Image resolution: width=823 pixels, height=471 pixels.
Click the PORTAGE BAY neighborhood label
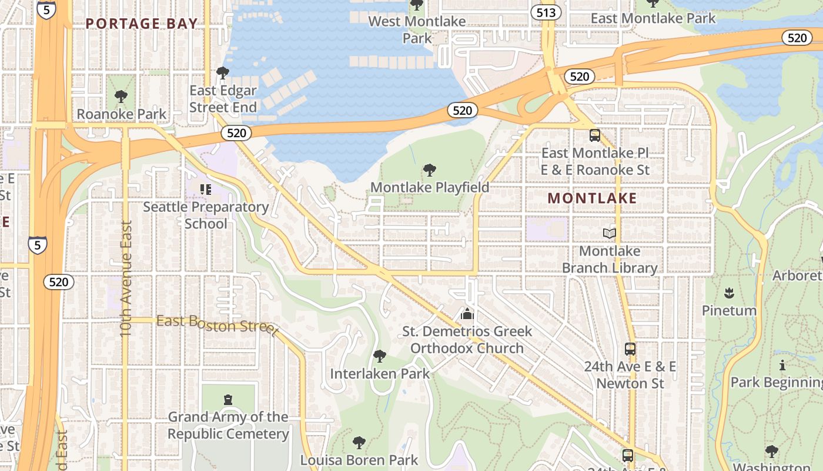141,24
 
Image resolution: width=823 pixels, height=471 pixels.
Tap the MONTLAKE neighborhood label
592,198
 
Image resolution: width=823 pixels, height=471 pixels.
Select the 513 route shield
546,12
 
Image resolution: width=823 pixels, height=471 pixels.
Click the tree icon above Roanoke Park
121,96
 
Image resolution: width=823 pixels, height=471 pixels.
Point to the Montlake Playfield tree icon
430,171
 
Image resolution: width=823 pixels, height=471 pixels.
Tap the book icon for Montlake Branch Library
610,234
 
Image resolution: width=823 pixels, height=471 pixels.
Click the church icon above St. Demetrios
467,314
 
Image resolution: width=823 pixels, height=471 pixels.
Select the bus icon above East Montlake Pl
595,135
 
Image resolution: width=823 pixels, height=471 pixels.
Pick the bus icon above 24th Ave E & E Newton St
630,349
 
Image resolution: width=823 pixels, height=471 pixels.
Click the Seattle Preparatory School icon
205,189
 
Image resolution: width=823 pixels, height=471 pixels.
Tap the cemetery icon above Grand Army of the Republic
228,400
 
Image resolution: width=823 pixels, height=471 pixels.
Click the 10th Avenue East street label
126,278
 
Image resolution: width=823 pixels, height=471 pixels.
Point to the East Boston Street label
216,324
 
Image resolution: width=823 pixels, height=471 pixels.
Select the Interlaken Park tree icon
379,356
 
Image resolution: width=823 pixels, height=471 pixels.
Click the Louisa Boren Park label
359,460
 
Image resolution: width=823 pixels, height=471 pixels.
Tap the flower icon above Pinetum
729,293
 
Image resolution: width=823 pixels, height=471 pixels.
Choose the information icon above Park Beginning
782,365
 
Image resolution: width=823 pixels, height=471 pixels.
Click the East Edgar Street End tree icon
222,72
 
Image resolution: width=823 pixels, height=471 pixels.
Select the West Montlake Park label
417,29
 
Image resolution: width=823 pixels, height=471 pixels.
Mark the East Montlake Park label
653,18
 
